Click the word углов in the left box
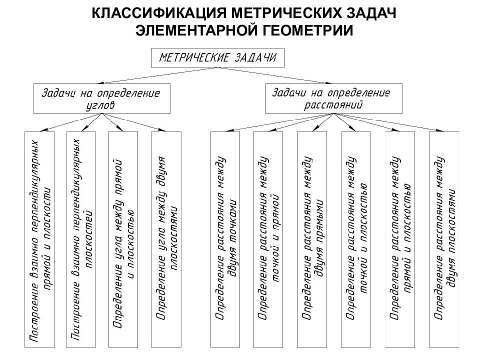(x=100, y=105)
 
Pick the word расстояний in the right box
(x=333, y=105)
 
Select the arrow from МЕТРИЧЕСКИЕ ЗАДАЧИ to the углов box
(x=159, y=75)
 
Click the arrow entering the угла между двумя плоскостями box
(x=134, y=122)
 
